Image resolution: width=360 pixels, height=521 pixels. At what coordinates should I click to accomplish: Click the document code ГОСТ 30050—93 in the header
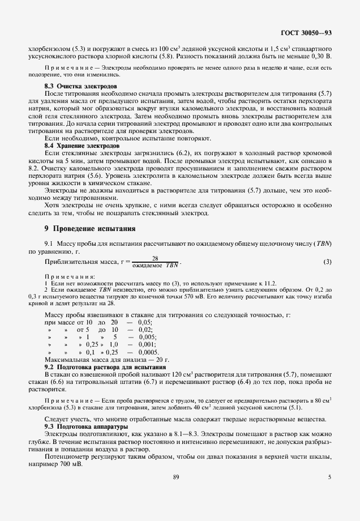(x=306, y=33)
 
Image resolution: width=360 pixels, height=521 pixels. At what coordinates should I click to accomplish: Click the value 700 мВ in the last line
(x=70, y=463)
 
